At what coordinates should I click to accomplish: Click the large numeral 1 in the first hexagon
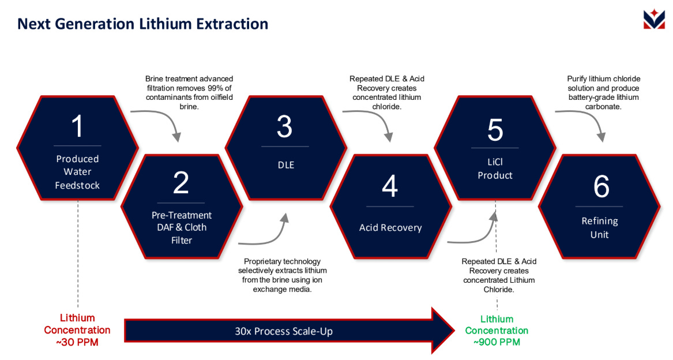(x=77, y=127)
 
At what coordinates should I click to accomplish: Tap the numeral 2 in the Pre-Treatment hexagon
(x=181, y=183)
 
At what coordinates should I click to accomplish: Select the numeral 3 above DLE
(x=284, y=126)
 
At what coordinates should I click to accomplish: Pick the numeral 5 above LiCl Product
(x=495, y=130)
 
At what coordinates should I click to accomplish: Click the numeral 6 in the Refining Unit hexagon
(x=601, y=187)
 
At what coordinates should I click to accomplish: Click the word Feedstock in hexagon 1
(x=77, y=185)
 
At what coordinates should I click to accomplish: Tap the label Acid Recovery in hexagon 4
(x=390, y=227)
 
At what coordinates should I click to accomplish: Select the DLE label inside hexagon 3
(x=285, y=164)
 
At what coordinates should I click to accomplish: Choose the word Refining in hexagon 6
(x=600, y=221)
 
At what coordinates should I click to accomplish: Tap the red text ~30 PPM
(x=77, y=342)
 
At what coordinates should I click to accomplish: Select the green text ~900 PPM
(x=497, y=342)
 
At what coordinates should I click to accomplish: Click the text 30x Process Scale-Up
(x=284, y=331)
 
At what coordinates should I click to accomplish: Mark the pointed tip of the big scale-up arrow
(x=453, y=331)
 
